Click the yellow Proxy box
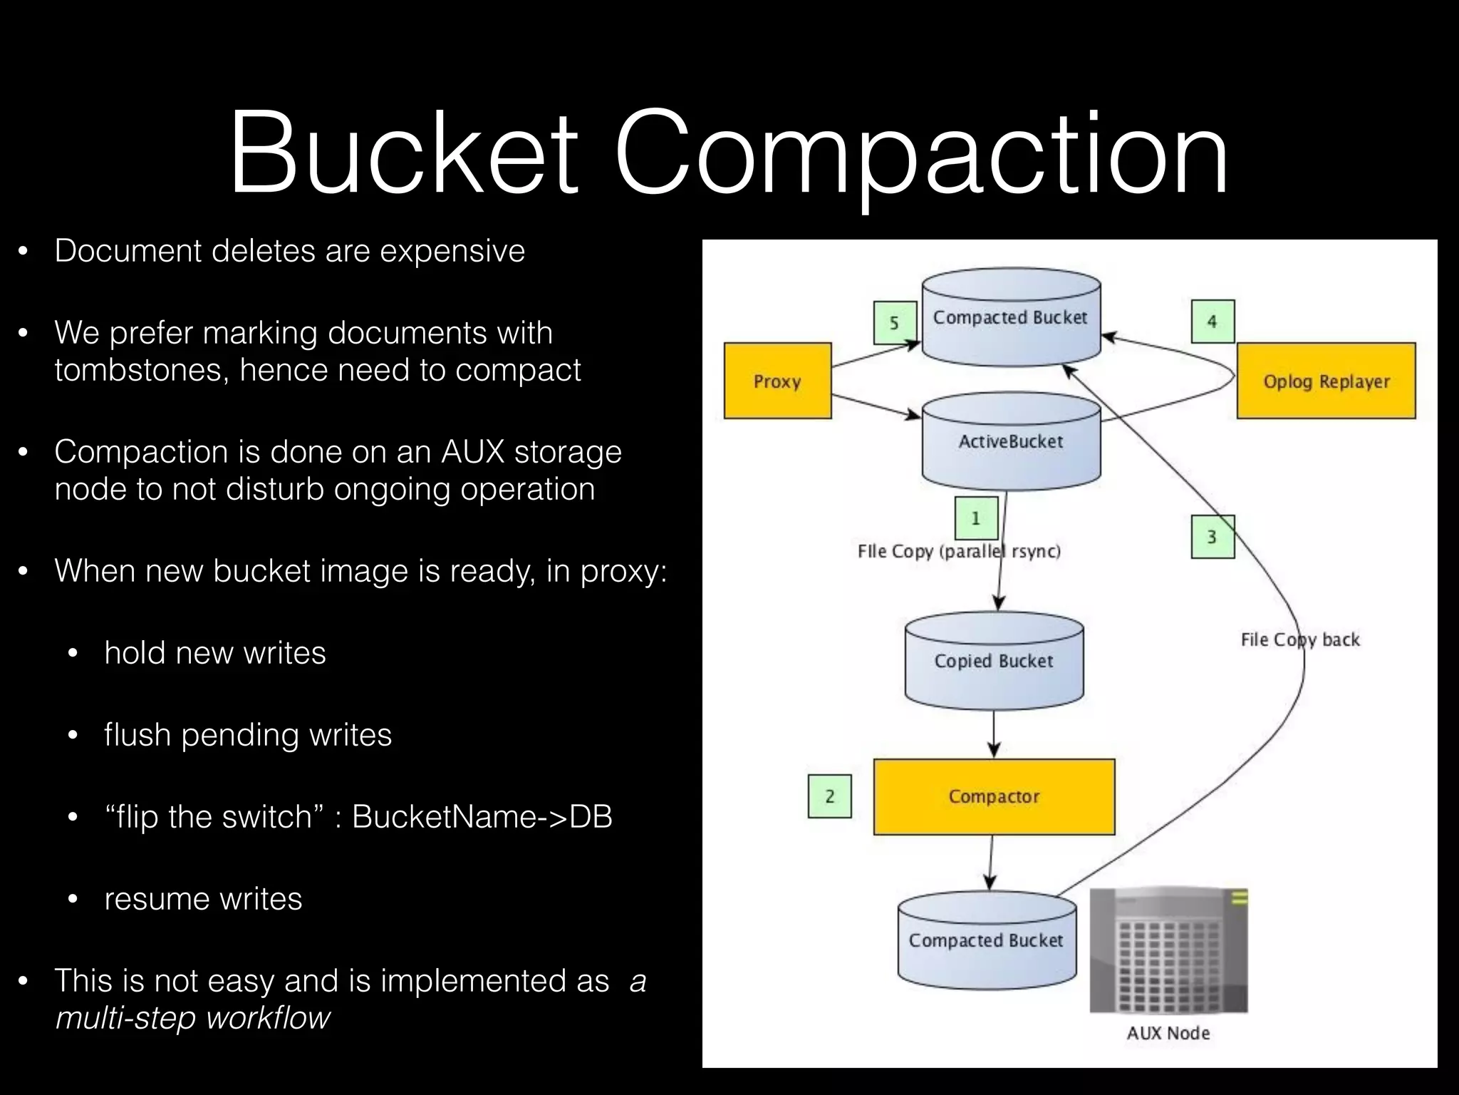coord(777,381)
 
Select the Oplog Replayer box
coord(1326,381)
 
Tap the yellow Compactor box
coord(994,796)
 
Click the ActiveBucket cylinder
coord(1011,442)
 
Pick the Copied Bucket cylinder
coord(994,661)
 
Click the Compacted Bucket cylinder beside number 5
coord(1011,318)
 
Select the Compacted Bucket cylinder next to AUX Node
coord(987,941)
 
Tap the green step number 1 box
coord(975,518)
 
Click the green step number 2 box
coord(829,796)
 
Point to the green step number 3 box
coord(1212,537)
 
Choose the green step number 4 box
coord(1212,322)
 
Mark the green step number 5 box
coord(894,323)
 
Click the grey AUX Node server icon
coord(1168,950)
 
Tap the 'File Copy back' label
coord(1299,639)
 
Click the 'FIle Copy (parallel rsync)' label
coord(959,551)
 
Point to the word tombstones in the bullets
coord(141,370)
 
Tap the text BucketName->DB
coord(482,817)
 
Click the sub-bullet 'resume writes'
coord(203,899)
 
